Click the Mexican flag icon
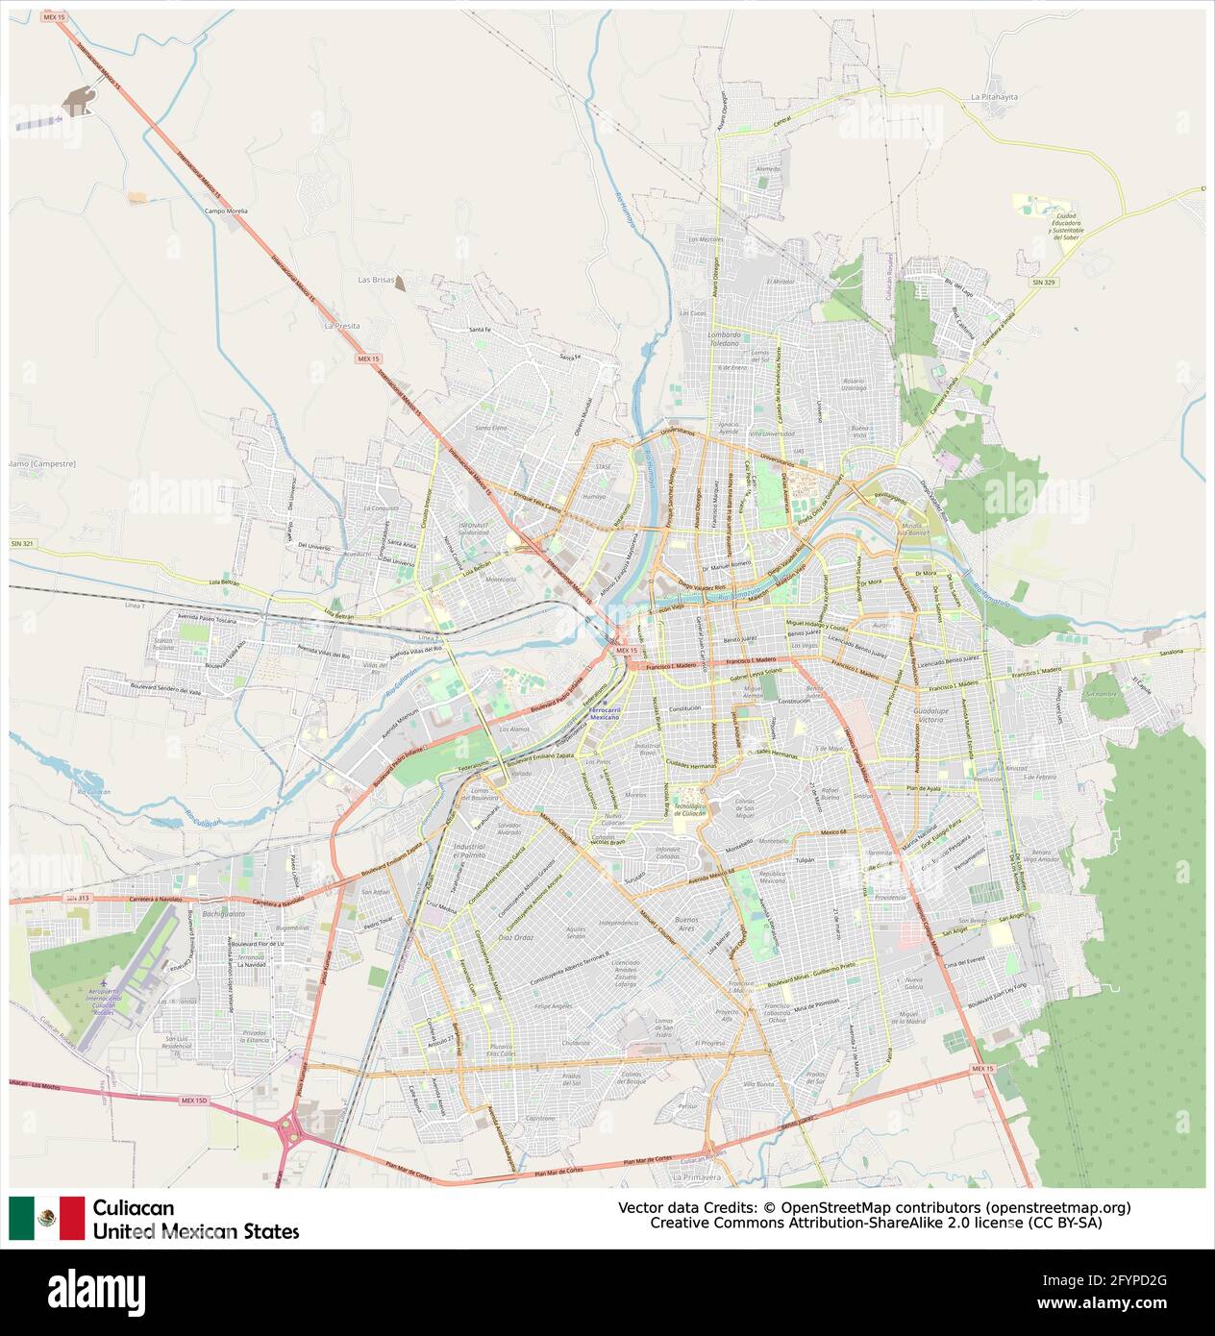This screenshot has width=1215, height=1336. (47, 1218)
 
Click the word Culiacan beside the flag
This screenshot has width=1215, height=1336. (134, 1207)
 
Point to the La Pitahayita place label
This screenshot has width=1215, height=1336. (993, 97)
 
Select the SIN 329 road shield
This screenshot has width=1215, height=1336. (1044, 282)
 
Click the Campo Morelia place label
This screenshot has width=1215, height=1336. (226, 210)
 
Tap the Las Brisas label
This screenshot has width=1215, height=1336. (376, 280)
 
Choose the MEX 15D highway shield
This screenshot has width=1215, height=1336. (194, 1101)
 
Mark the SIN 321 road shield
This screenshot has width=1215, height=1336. (22, 544)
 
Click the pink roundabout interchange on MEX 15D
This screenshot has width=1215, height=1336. (289, 1126)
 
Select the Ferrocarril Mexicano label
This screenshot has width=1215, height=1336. (604, 713)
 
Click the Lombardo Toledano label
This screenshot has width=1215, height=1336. (724, 338)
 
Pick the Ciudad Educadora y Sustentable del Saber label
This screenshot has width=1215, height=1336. (1067, 225)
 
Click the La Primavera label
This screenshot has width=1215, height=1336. (696, 1176)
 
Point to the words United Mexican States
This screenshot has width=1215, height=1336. (196, 1231)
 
